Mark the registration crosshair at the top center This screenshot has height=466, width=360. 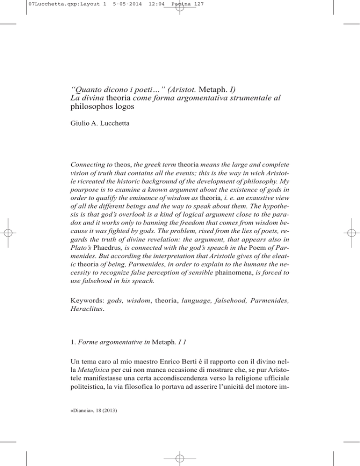tap(180, 10)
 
